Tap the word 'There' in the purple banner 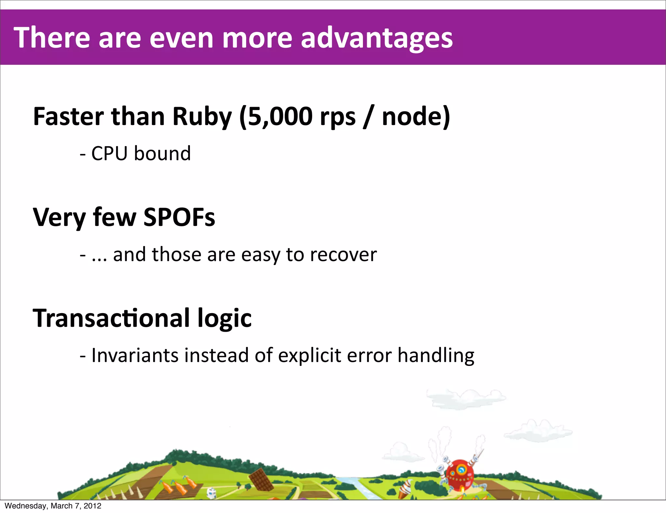click(51, 38)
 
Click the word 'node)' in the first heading click(416, 117)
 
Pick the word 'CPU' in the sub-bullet click(109, 153)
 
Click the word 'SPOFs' click(179, 217)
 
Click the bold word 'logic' click(224, 319)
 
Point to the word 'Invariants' click(135, 355)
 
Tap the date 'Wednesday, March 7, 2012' click(53, 506)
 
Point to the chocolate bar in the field click(261, 479)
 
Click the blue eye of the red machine click(461, 469)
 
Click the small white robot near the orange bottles click(212, 492)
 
